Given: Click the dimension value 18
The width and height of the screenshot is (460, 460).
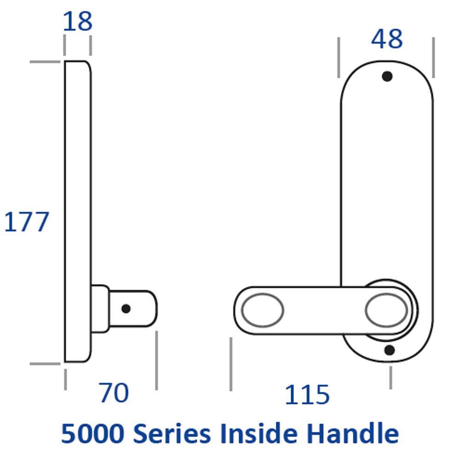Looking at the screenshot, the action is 78,21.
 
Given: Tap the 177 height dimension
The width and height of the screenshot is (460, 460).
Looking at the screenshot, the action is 26,222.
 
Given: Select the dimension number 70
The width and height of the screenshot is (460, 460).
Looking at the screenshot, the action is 114,392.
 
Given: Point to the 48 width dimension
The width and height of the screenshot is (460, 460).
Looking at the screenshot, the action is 387,39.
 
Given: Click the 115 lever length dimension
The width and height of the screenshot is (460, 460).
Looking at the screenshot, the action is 307,395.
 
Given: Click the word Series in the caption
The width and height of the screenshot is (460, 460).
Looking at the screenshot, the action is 172,433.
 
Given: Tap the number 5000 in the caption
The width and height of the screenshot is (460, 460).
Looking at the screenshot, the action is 93,433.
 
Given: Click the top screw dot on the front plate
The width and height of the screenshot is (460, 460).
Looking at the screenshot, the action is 387,76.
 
